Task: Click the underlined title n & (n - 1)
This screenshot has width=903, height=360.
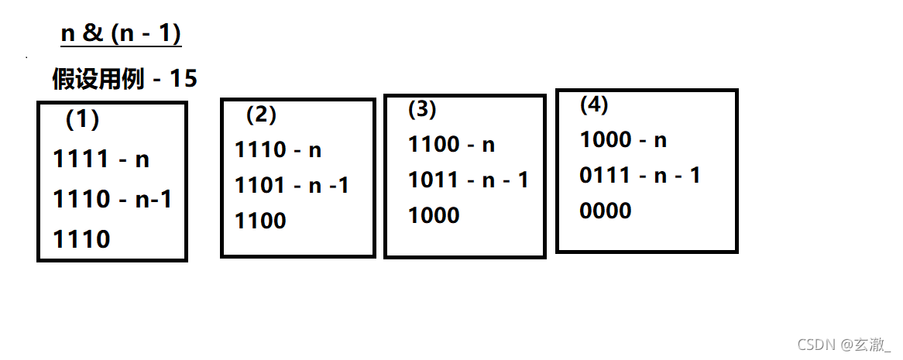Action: [x=121, y=34]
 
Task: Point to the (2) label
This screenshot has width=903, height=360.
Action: [x=261, y=115]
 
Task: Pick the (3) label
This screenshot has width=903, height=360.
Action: [x=422, y=110]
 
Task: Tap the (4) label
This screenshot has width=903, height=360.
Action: [x=594, y=105]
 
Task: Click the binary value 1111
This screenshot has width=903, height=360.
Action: [x=81, y=159]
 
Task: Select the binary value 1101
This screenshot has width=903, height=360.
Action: [x=260, y=185]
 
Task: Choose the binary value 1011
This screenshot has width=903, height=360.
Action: [x=434, y=180]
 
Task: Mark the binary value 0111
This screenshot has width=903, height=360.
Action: [x=605, y=175]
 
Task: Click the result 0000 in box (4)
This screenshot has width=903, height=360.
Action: [x=605, y=211]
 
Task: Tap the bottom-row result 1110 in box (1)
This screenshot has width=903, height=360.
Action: [x=81, y=240]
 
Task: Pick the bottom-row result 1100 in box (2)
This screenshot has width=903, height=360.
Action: [x=260, y=221]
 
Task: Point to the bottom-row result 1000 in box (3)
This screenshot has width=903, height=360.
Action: [x=434, y=215]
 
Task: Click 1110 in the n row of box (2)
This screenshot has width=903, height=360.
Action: [x=260, y=149]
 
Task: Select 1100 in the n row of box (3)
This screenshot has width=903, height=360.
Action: [x=434, y=144]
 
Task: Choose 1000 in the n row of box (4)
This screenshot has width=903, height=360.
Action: [x=605, y=139]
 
